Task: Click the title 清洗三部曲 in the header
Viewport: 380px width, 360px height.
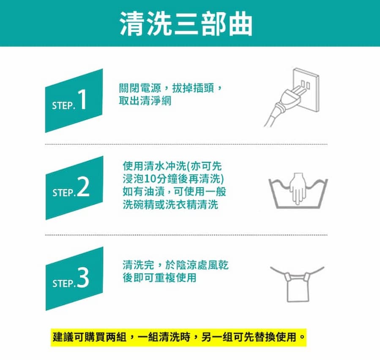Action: (x=186, y=24)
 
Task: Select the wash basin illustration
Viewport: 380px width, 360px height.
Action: (x=298, y=197)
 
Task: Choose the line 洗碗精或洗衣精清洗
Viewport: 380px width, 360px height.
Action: (x=170, y=205)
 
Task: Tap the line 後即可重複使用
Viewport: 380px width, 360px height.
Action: (x=159, y=278)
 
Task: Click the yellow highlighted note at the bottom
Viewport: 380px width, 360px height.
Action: (x=178, y=338)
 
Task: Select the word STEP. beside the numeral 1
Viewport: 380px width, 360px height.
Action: (x=64, y=106)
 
